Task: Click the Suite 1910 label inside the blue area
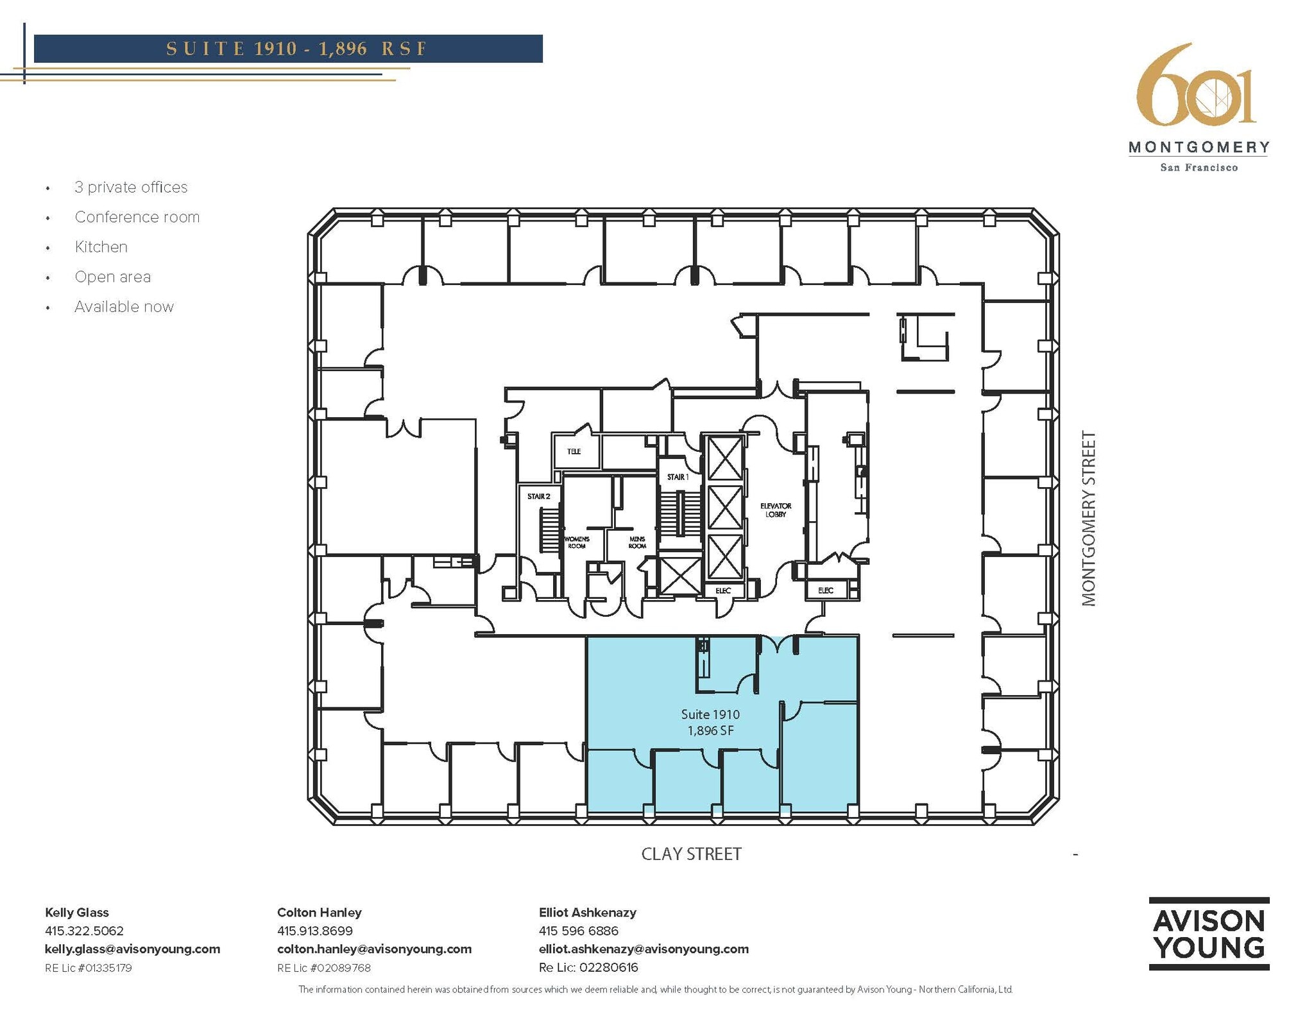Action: click(710, 714)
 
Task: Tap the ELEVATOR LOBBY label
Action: click(775, 510)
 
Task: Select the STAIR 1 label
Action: click(678, 477)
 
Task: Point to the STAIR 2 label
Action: click(538, 496)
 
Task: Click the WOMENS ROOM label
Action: click(576, 542)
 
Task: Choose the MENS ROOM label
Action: click(636, 542)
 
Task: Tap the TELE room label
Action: click(574, 451)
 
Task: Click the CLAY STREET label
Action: click(691, 854)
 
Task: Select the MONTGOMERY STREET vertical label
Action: click(1089, 518)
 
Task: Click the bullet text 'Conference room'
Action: click(137, 217)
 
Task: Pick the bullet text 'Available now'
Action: click(124, 307)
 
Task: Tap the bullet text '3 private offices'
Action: click(131, 187)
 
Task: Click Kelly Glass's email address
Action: click(132, 949)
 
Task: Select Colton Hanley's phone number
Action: click(314, 931)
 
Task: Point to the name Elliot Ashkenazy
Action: click(587, 912)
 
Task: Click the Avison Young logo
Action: click(1208, 933)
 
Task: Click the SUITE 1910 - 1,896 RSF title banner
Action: click(288, 49)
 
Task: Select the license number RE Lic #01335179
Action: click(88, 967)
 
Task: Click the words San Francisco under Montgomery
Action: click(1199, 168)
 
